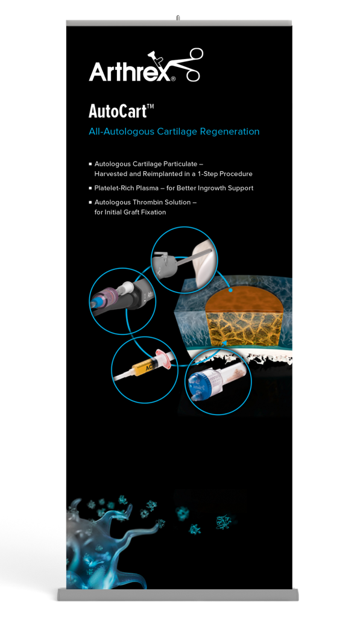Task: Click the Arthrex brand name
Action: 130,71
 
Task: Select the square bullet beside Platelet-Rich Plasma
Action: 90,188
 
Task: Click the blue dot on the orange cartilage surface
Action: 231,290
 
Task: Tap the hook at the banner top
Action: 178,17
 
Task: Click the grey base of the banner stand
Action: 179,595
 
